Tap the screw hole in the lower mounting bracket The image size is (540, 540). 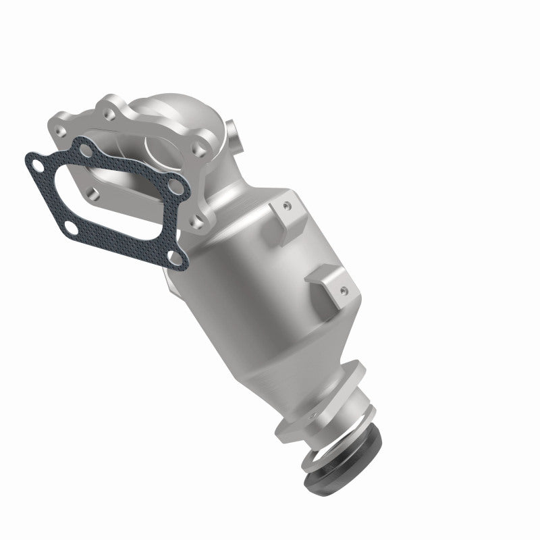[x=344, y=290]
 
